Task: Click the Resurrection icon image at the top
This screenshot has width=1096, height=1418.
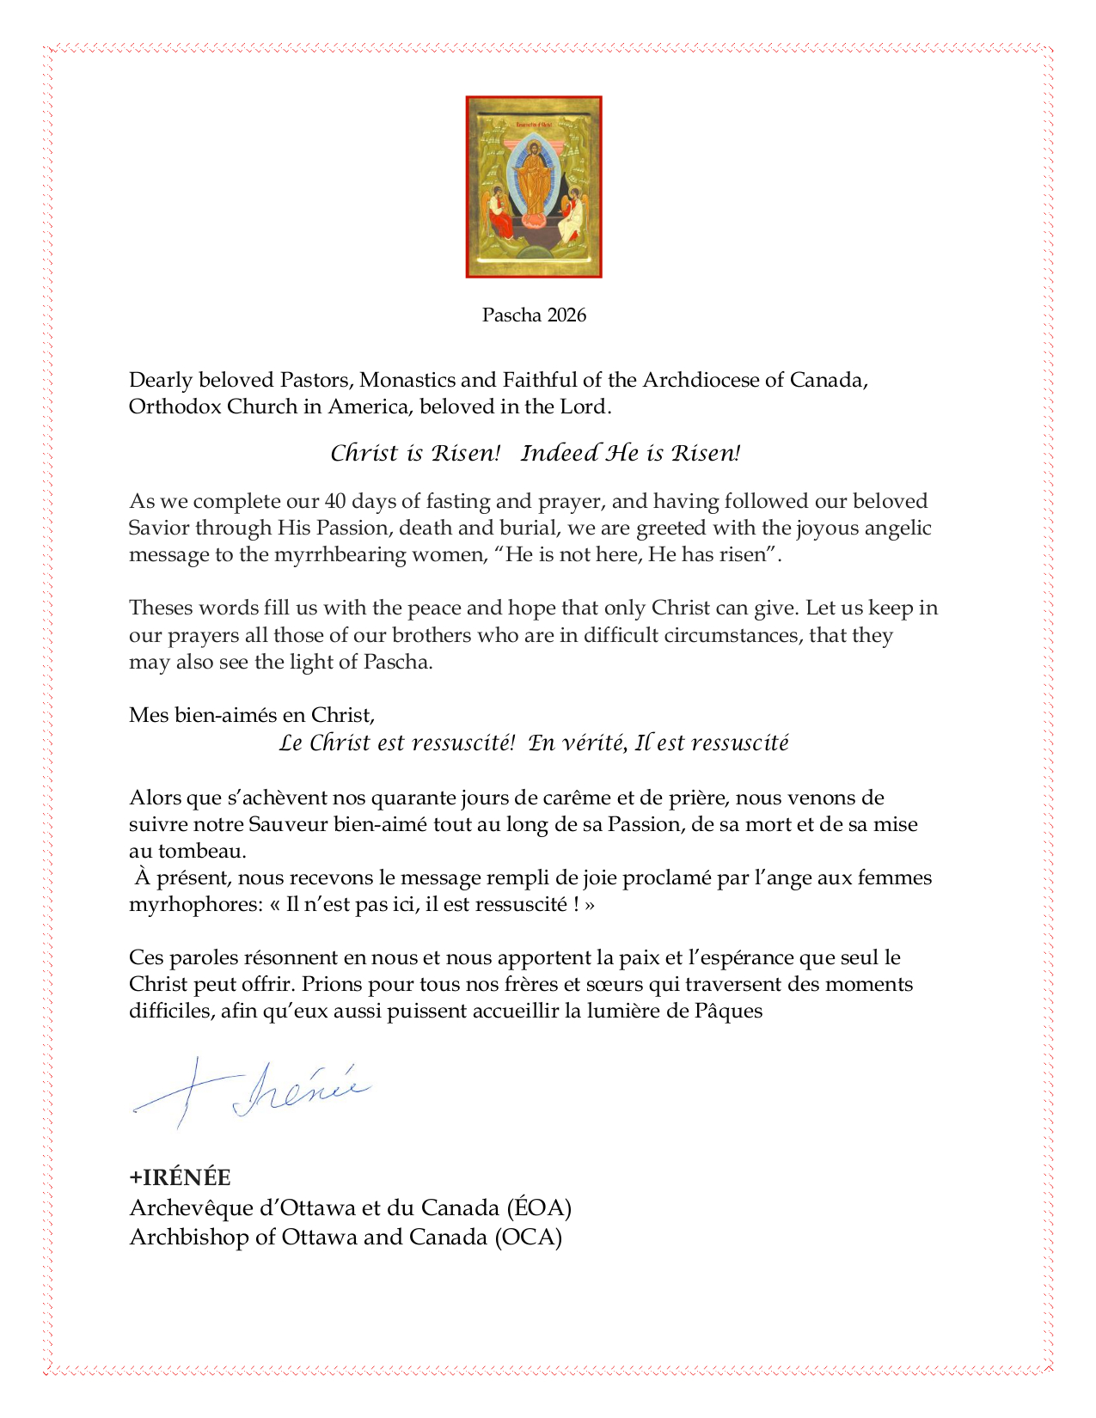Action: point(534,186)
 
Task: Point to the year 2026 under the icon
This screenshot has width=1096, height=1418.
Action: point(566,315)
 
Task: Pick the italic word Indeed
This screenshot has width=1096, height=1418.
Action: point(560,453)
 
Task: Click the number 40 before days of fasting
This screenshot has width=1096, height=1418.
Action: point(334,501)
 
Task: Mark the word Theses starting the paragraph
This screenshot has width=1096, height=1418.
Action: point(161,608)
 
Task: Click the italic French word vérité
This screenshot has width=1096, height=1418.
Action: point(591,743)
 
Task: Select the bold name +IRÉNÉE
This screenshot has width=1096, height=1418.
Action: point(180,1177)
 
